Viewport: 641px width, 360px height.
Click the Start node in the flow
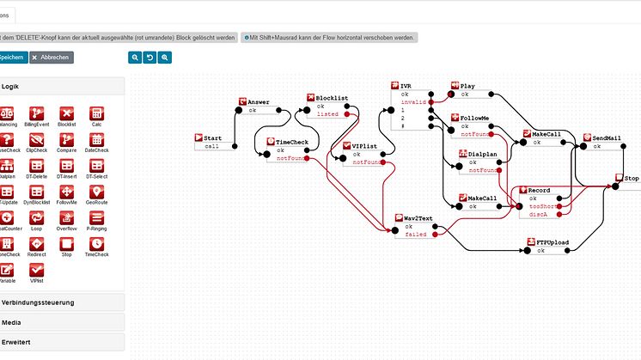[x=213, y=137]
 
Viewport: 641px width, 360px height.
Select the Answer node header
[x=259, y=102]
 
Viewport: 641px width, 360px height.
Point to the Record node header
[x=539, y=189]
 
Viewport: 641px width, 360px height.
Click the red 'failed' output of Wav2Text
[x=435, y=234]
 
